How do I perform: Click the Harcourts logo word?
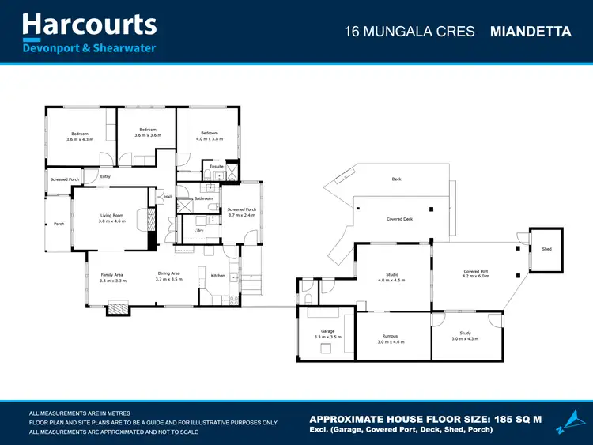click(x=89, y=25)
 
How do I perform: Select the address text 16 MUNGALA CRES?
click(x=410, y=32)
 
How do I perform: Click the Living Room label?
click(x=111, y=214)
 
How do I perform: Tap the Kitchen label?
click(x=217, y=276)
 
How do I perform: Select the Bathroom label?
click(x=203, y=198)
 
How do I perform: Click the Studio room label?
click(x=391, y=274)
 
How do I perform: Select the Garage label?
click(x=327, y=331)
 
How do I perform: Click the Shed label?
click(x=546, y=248)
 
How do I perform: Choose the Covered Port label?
click(x=476, y=271)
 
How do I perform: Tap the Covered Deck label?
click(x=400, y=219)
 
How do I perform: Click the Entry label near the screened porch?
click(x=105, y=176)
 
